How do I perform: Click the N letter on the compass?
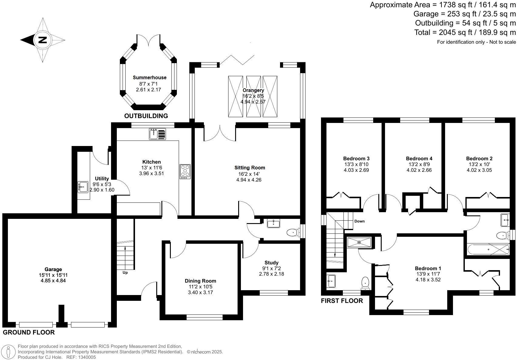42,40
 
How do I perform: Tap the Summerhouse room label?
149,77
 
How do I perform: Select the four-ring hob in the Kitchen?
185,171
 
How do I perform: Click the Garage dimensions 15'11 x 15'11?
53,275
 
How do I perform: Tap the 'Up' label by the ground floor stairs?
125,273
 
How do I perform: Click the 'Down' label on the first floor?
360,221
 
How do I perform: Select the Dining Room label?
201,281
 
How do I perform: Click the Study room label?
271,263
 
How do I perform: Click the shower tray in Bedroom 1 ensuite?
359,242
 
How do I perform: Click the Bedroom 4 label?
419,158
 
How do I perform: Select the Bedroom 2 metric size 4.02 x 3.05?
479,170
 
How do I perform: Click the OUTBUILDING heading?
146,116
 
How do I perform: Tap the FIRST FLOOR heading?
342,301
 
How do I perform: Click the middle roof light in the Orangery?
253,96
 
